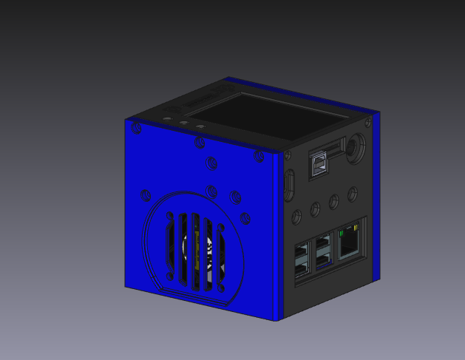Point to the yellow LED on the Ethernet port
pos(356,226)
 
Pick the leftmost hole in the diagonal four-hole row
pos(297,216)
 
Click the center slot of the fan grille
pos(195,249)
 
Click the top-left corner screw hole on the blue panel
pos(136,129)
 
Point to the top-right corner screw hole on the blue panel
pos(259,155)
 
